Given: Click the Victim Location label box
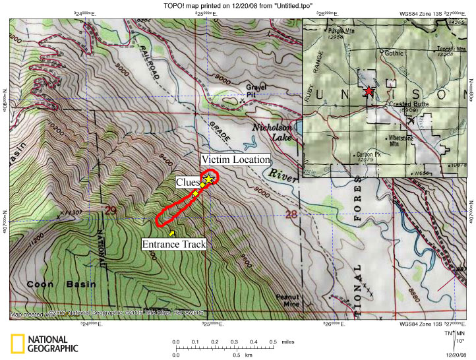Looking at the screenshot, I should point(235,160).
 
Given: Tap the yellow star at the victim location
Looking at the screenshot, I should point(209,179).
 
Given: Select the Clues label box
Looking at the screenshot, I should point(188,181).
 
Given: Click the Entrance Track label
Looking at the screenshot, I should point(174,244).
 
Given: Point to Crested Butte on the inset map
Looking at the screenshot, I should point(390,105).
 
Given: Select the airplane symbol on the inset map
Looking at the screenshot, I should point(412,120).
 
